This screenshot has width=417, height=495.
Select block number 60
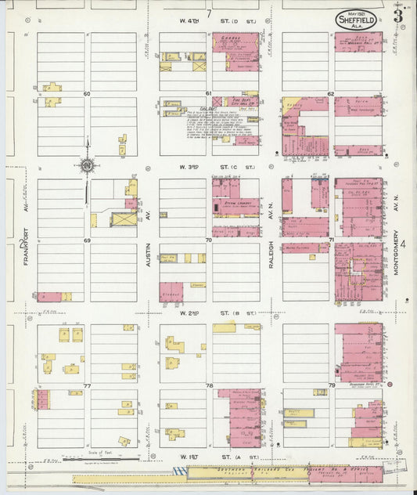pos(87,94)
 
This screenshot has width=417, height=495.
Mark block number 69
pos(87,240)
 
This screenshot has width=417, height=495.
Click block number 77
pos(87,386)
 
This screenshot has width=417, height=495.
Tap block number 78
pos(209,386)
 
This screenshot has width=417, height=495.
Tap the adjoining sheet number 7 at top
pos(209,13)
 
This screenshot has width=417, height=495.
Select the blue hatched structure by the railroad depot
pos(181,471)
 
